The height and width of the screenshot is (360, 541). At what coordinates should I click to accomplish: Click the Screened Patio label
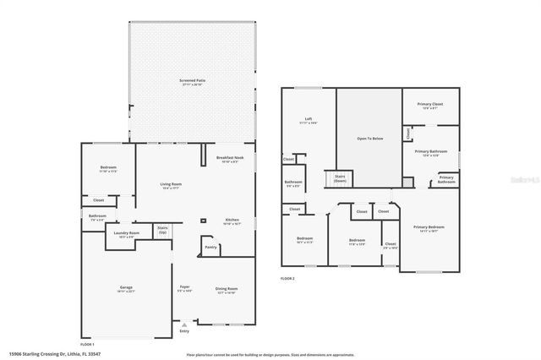192,80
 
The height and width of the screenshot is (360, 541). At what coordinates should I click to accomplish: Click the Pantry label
211,247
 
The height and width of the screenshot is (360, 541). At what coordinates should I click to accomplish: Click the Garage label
126,288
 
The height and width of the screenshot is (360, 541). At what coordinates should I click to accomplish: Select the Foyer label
183,287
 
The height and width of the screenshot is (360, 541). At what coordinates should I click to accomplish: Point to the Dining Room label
226,287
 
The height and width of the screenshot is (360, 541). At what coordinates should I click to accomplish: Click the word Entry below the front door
185,332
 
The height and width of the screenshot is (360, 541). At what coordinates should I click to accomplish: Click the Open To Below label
366,137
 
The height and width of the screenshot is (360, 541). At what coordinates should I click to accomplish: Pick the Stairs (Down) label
340,178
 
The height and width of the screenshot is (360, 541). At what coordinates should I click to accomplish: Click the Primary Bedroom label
429,226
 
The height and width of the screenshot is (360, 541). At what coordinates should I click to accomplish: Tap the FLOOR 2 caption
288,279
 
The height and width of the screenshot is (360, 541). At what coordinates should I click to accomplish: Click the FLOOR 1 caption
87,344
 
